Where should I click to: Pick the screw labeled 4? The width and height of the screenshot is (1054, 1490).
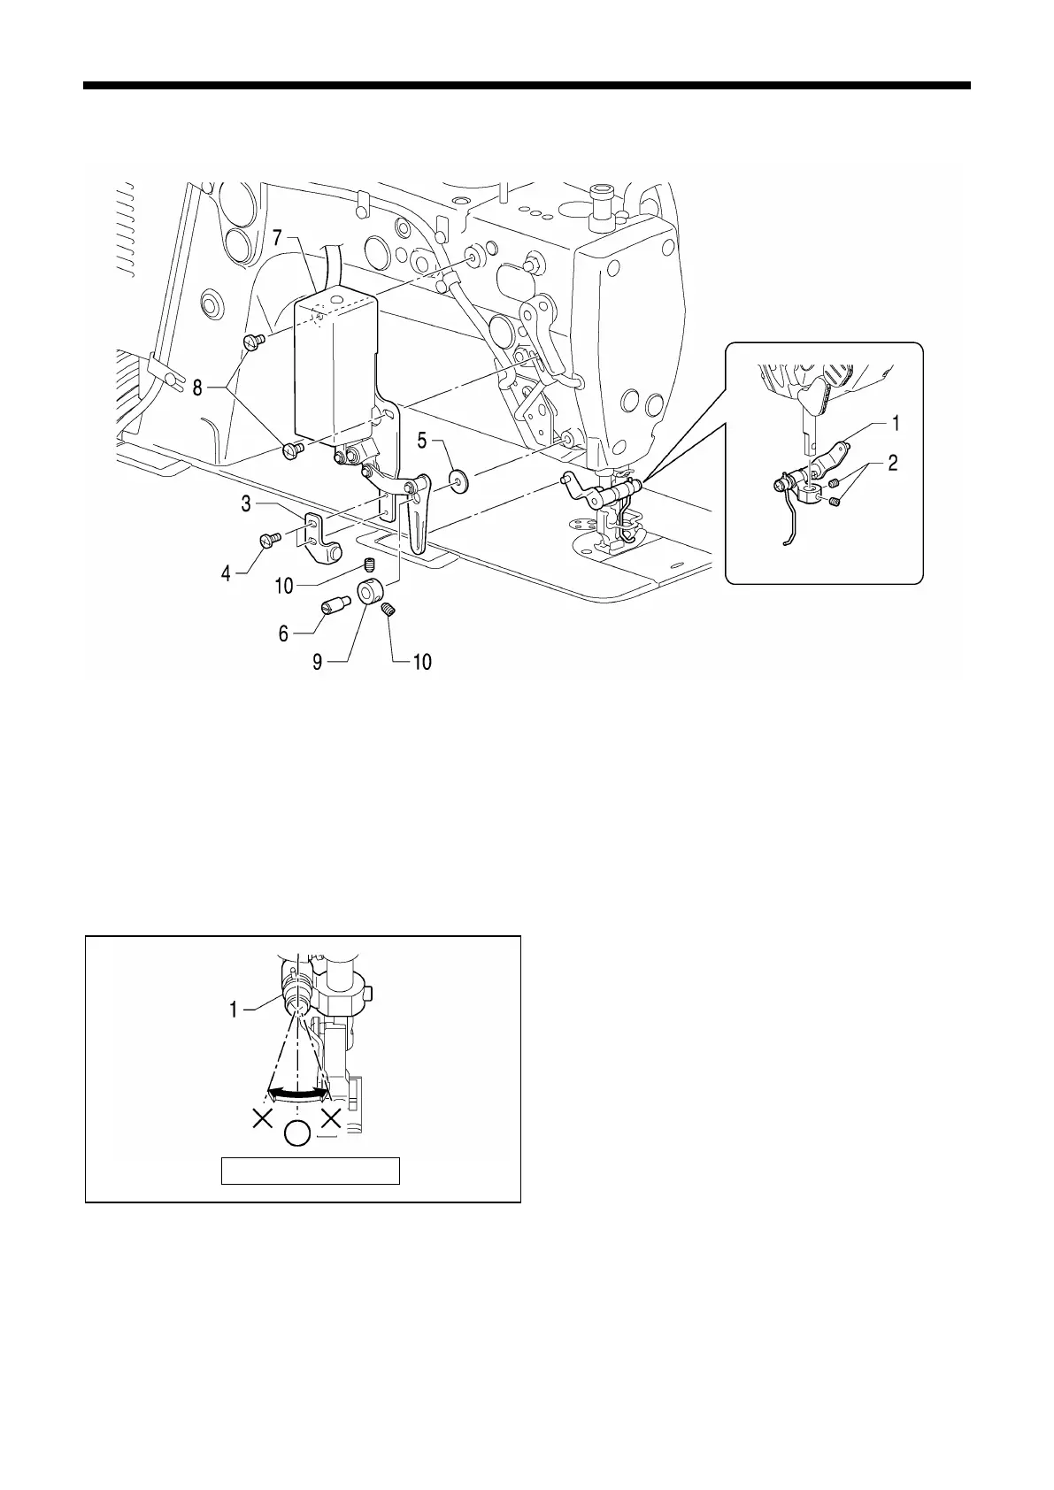[269, 538]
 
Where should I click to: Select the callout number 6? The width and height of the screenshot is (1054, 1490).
[283, 634]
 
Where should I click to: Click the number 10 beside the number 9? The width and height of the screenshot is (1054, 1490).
[422, 661]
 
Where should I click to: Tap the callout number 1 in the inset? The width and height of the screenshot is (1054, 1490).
[896, 424]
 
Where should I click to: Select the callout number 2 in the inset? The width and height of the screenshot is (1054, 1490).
[893, 463]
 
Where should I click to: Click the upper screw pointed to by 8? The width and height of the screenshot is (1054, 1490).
[250, 342]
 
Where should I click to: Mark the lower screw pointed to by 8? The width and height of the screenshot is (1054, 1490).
[292, 451]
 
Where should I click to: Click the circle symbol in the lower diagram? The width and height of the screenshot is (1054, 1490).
[297, 1133]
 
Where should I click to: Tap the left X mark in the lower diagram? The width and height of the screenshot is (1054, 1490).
[262, 1119]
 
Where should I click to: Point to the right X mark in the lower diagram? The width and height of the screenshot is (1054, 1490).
[332, 1119]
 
